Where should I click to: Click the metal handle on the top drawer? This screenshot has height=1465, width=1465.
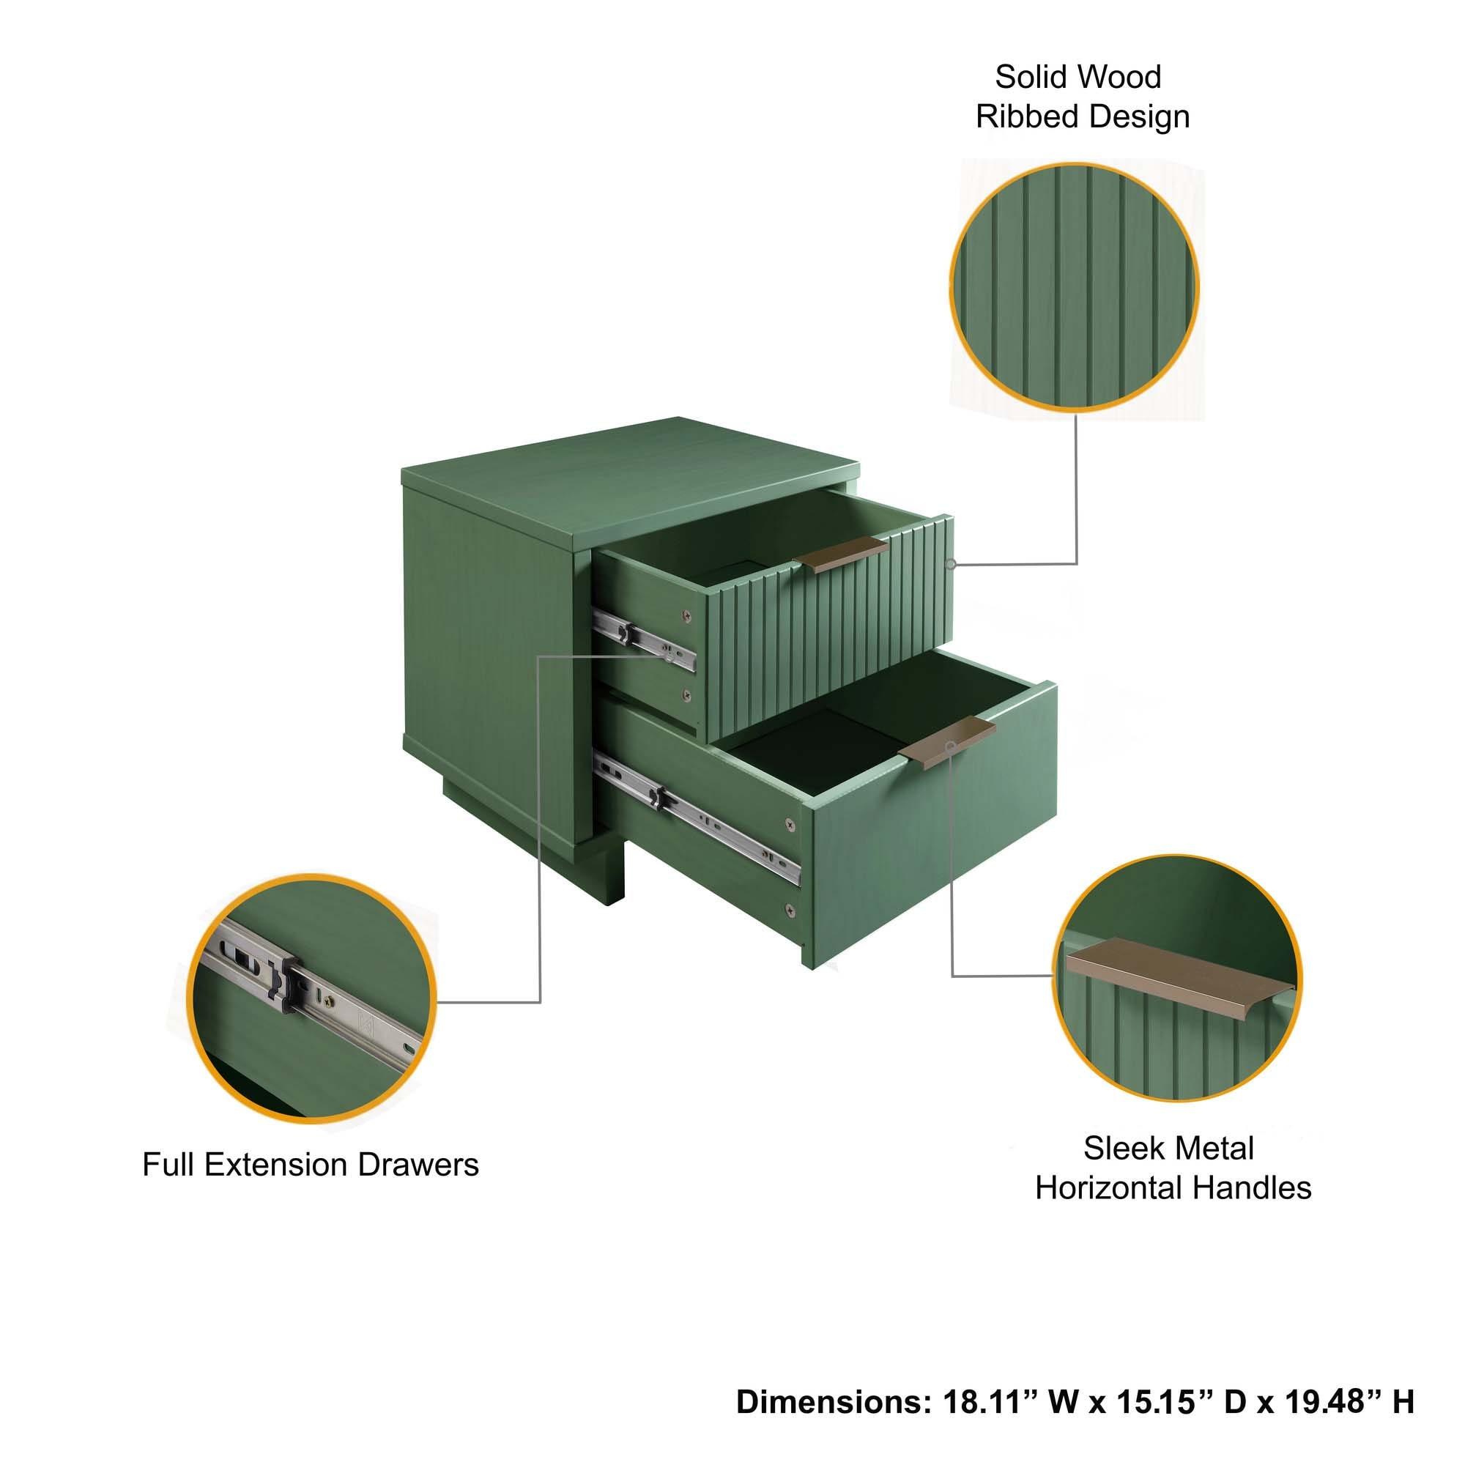[x=840, y=554]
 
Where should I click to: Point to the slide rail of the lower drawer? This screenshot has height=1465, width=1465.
[x=697, y=819]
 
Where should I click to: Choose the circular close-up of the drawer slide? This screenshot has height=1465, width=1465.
[x=311, y=998]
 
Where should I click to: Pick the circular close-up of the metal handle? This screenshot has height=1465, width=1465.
[x=1176, y=978]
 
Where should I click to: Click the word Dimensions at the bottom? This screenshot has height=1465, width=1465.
[x=834, y=1402]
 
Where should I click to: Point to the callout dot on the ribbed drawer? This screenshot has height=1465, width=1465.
[x=950, y=564]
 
